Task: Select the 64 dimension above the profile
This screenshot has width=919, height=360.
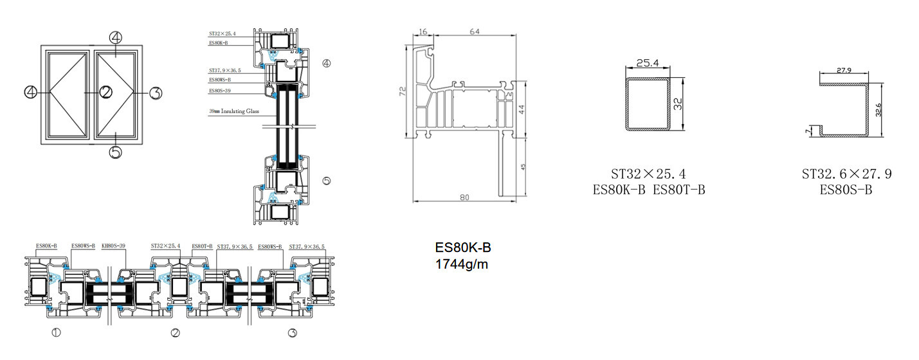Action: (x=475, y=31)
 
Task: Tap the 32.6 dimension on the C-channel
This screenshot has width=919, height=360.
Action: (x=878, y=110)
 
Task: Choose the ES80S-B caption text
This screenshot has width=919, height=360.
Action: (x=846, y=190)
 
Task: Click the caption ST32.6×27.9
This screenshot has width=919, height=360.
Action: (x=846, y=174)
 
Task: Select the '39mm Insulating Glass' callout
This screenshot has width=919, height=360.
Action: (x=233, y=111)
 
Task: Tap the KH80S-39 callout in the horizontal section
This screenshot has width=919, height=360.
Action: (x=113, y=246)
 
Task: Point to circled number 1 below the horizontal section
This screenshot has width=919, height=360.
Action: (x=56, y=333)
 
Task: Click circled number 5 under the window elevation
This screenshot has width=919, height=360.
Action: (x=115, y=152)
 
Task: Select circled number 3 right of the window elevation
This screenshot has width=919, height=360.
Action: (x=155, y=93)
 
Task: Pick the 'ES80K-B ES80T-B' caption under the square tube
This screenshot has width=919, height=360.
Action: (x=648, y=190)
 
